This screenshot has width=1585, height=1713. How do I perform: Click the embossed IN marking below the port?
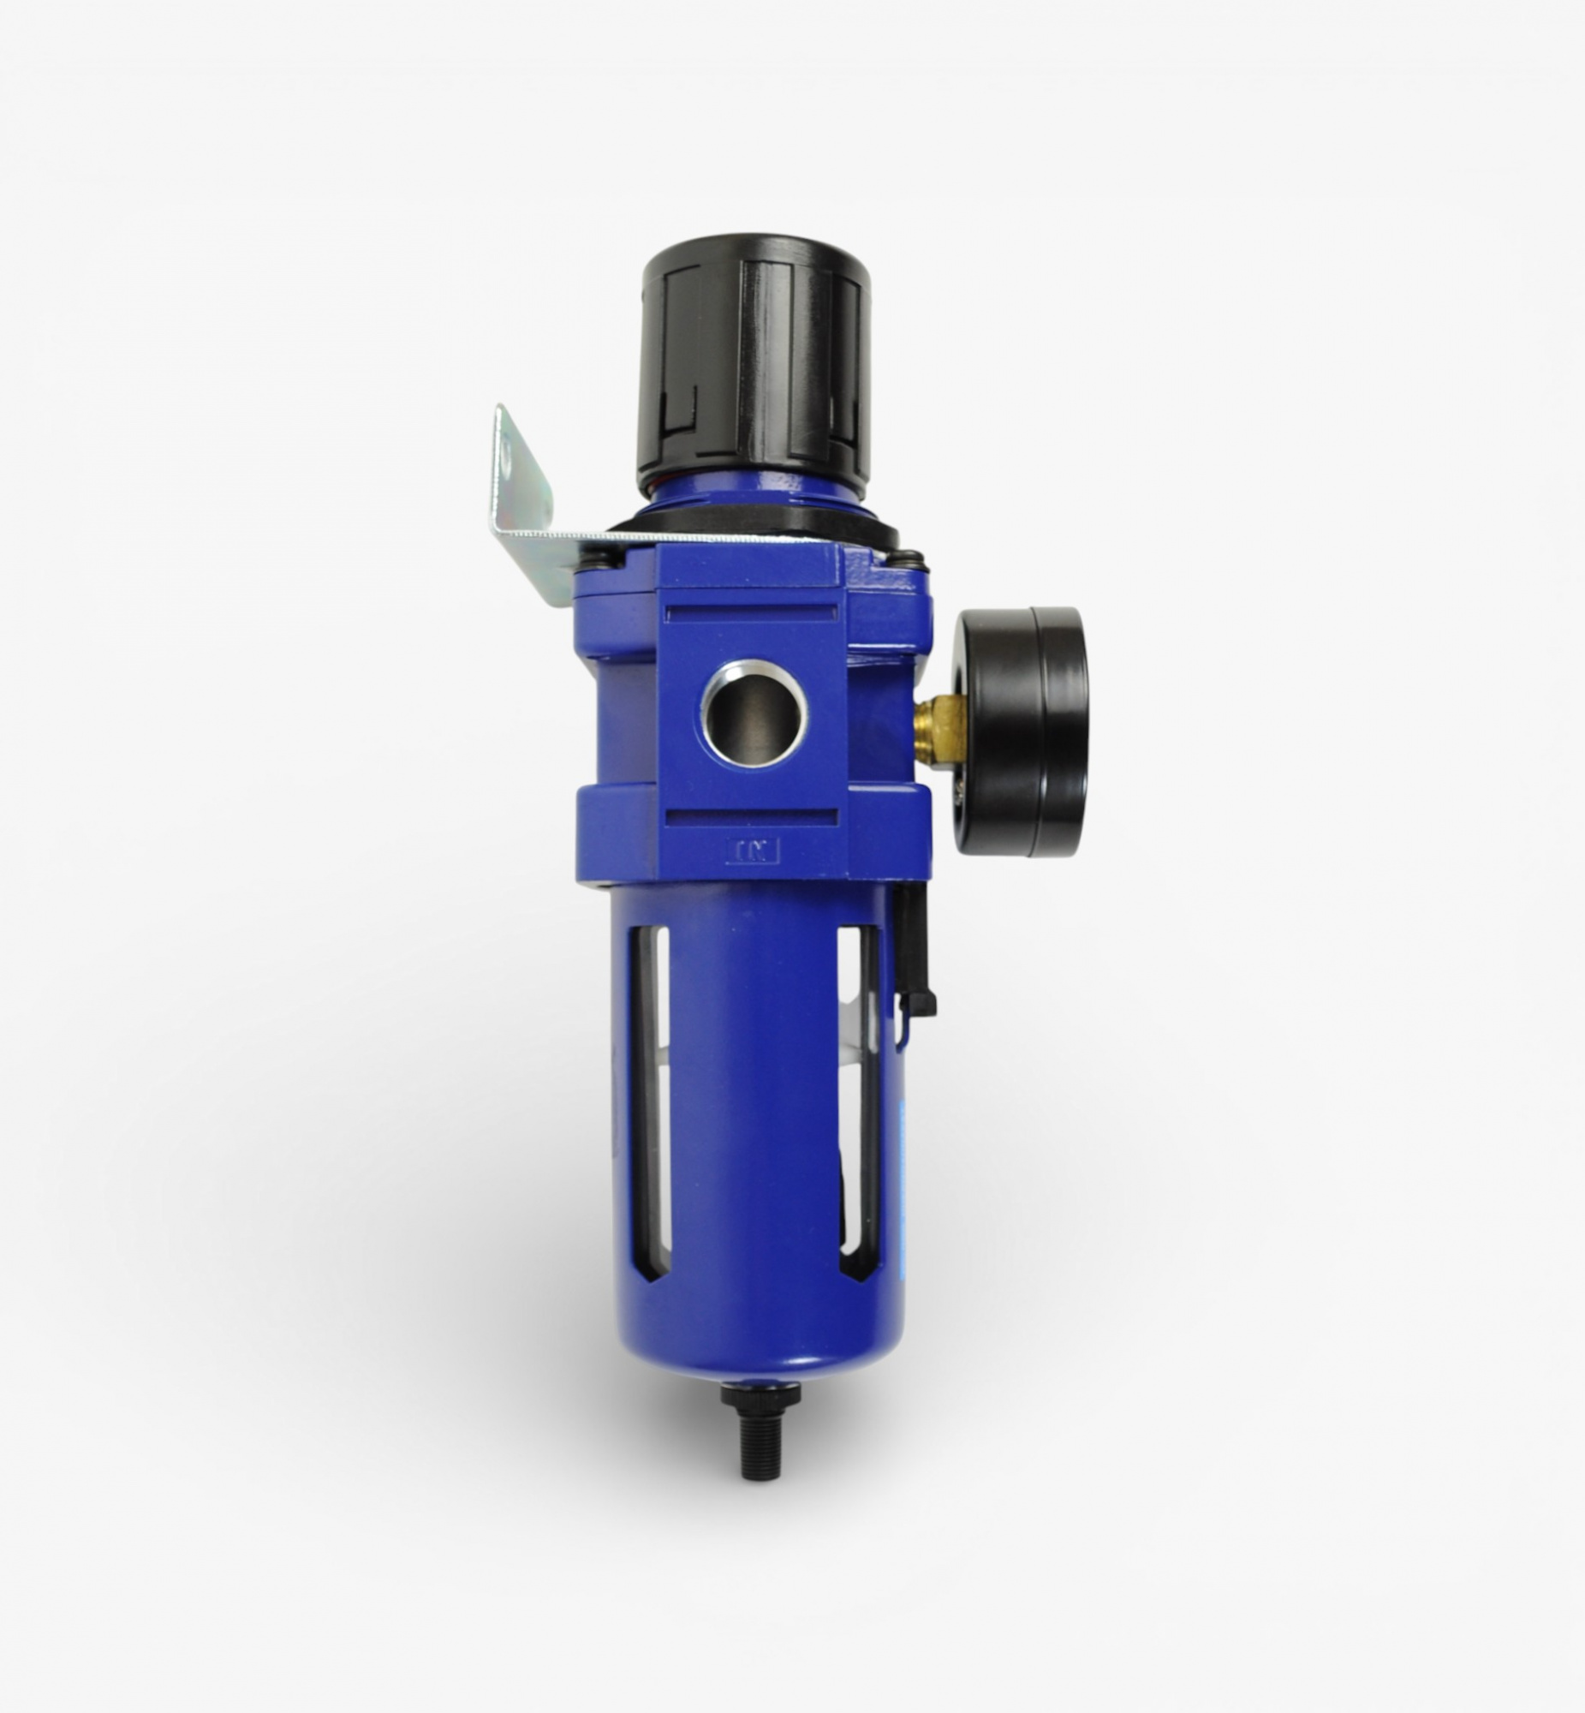point(752,851)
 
